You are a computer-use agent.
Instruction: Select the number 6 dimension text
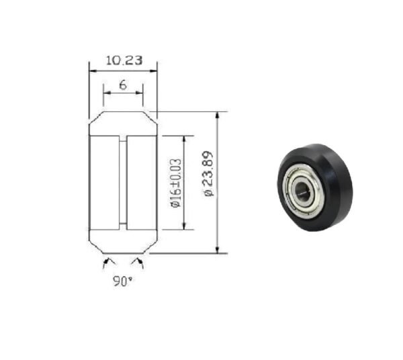tap(123, 85)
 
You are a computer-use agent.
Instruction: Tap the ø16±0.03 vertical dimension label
tap(175, 183)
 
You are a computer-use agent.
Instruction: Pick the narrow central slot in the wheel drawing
tap(123, 183)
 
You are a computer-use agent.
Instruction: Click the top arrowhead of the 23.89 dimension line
tap(218, 115)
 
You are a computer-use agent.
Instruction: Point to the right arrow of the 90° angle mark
tap(138, 259)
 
